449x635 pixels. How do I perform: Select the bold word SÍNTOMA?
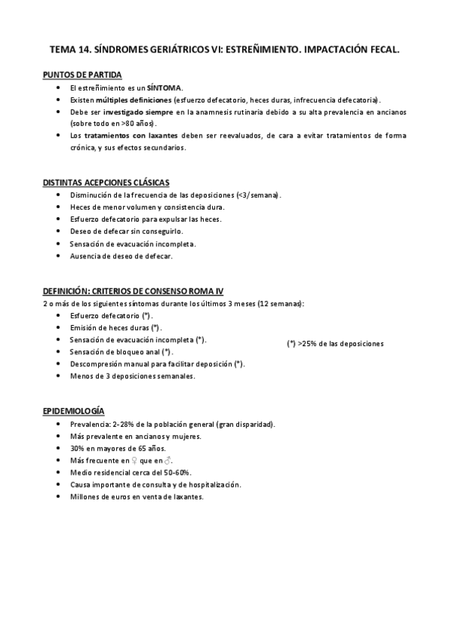164,88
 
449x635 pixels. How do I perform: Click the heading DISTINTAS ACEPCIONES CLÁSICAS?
106,182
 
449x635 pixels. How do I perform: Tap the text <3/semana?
256,195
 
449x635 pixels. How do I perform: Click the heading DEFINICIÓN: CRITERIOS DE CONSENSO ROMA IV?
133,291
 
